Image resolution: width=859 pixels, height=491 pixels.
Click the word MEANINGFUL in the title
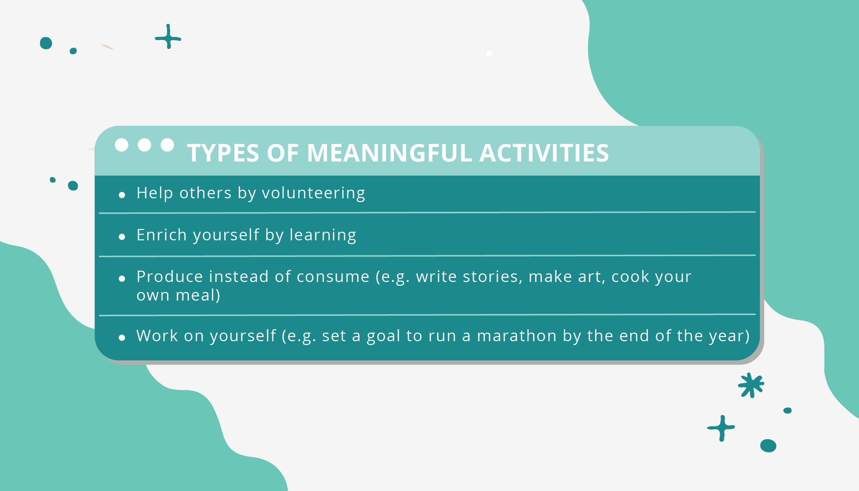click(x=389, y=153)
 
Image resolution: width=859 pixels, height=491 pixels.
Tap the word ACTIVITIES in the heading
click(x=544, y=153)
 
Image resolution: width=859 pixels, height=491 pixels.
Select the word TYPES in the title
click(x=223, y=153)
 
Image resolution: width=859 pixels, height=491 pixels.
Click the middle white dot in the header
click(x=144, y=145)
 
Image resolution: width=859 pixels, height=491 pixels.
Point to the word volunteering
click(x=313, y=193)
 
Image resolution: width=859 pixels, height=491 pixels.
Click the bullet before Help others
click(x=122, y=195)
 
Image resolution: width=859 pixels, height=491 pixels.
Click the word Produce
click(x=170, y=277)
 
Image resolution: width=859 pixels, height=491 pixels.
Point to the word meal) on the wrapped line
click(x=198, y=295)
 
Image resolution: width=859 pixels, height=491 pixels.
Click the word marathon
click(x=517, y=336)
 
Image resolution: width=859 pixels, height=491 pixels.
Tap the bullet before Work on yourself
click(x=122, y=338)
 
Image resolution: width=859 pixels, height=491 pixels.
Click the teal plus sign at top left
click(x=168, y=37)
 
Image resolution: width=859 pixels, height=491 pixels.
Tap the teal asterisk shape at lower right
click(x=751, y=385)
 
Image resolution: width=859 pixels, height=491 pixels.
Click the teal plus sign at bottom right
click(x=721, y=428)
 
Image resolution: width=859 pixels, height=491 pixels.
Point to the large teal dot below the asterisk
click(x=768, y=446)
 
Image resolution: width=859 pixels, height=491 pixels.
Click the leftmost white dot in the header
click(x=121, y=145)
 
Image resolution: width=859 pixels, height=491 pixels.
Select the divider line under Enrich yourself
click(x=427, y=256)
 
